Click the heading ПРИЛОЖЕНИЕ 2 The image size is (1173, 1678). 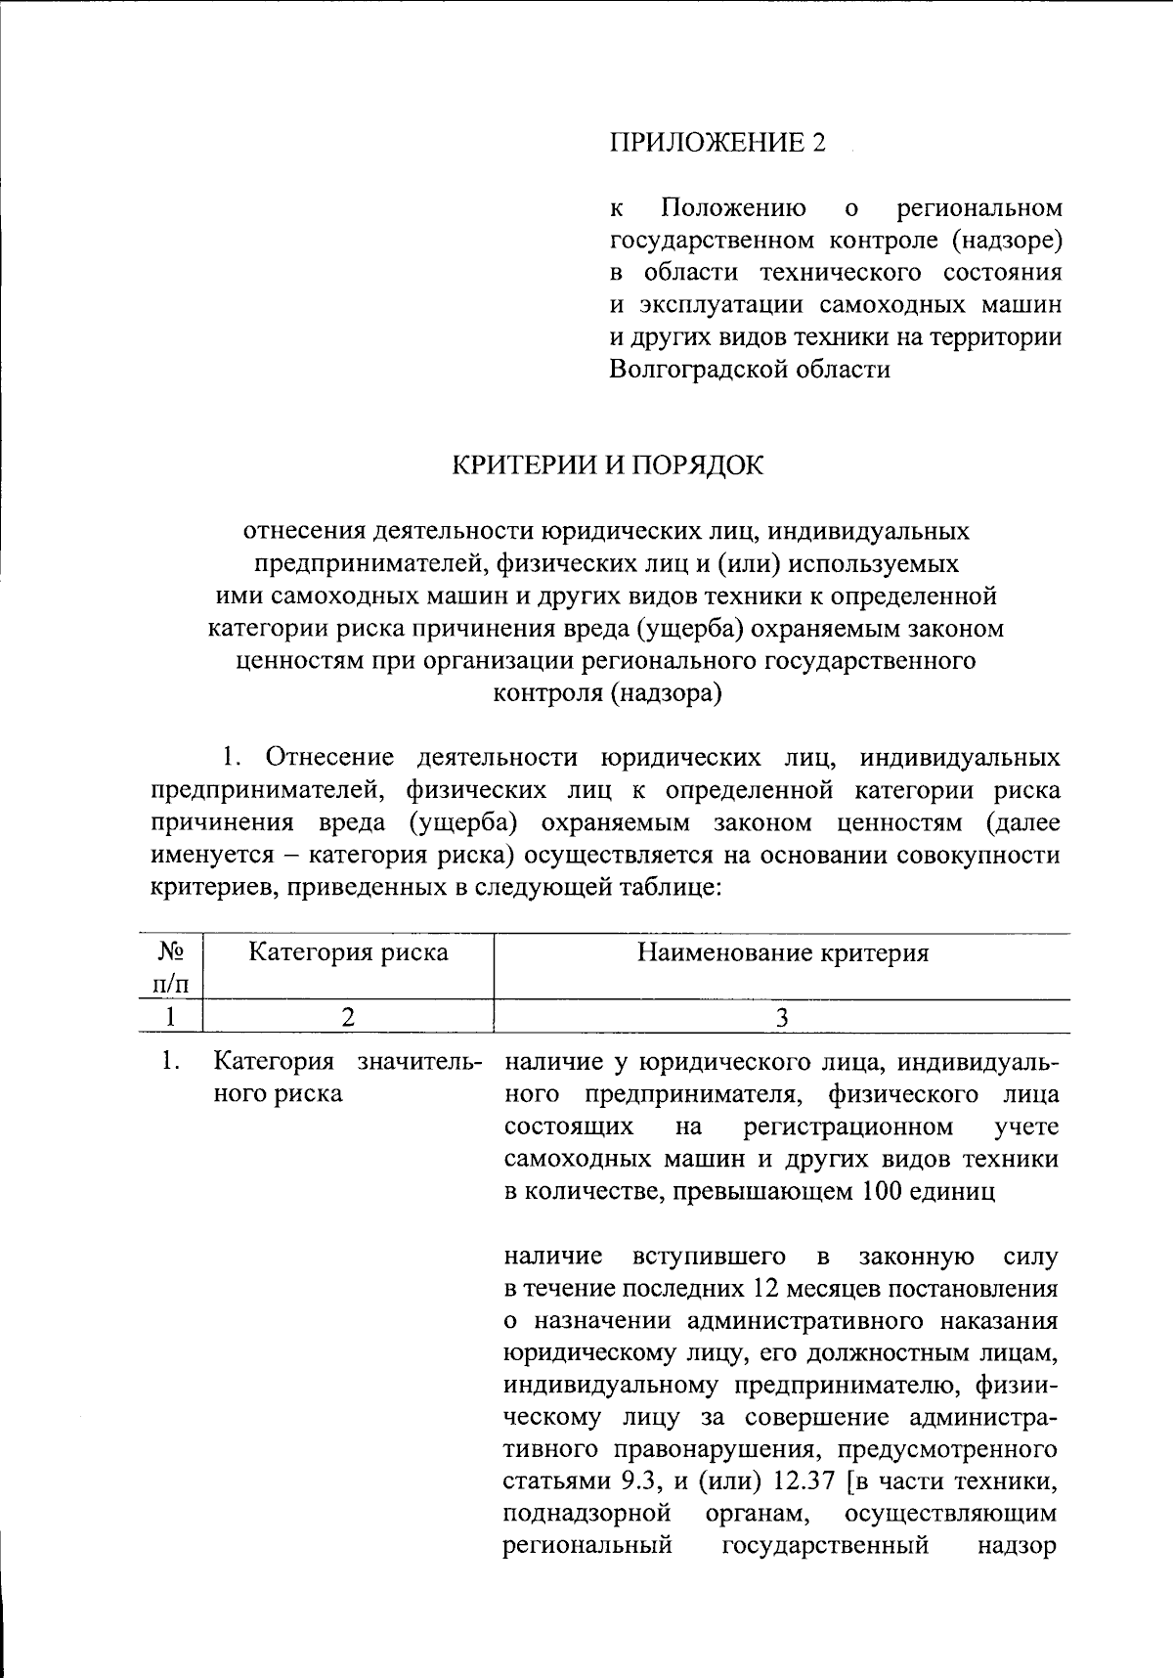point(717,143)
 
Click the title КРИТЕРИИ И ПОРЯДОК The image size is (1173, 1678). point(606,465)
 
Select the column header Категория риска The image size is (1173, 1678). point(348,952)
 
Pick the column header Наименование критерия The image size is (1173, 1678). point(782,952)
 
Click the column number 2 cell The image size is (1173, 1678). point(348,1017)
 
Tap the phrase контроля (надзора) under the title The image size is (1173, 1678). point(606,693)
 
